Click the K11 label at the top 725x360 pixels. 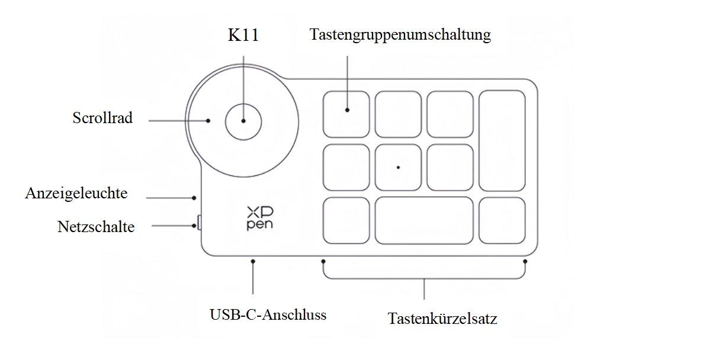243,35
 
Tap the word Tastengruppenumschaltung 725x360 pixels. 400,34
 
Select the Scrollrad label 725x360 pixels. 102,118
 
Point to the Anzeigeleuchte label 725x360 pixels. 76,193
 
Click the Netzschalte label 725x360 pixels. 96,226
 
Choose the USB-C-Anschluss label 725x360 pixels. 268,314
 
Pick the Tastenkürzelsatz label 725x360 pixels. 442,319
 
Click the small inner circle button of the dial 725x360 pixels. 243,120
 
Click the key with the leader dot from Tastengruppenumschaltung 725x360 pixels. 346,114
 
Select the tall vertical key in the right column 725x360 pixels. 502,140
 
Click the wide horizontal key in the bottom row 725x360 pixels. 424,220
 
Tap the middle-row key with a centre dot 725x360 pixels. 398,167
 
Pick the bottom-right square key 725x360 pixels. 502,220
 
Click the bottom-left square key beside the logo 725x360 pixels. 346,220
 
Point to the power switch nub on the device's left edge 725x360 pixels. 198,223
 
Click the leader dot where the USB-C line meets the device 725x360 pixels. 253,261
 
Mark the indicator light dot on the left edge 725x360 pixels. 195,198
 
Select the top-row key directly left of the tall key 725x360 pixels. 450,114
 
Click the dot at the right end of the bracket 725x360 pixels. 525,261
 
